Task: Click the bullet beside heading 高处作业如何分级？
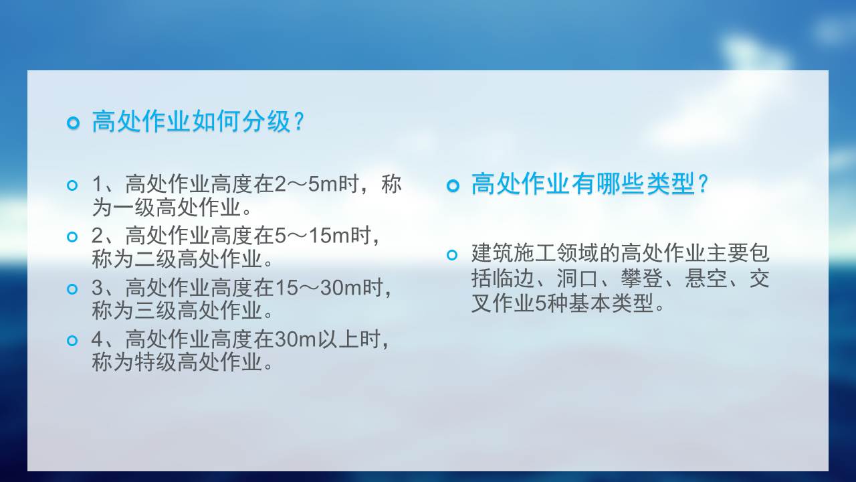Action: (x=73, y=123)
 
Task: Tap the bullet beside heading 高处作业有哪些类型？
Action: (x=453, y=186)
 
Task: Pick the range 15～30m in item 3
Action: (x=318, y=288)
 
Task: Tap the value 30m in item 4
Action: (x=296, y=339)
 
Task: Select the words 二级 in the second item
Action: (x=156, y=259)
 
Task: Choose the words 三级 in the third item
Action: (x=156, y=311)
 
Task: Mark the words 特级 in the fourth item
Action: (x=156, y=362)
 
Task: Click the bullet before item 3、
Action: (x=72, y=289)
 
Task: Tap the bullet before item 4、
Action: (x=72, y=341)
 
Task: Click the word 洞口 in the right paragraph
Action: (x=577, y=278)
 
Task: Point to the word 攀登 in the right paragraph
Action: (x=641, y=278)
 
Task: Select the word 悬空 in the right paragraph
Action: (x=706, y=278)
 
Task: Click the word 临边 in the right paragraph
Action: (x=513, y=278)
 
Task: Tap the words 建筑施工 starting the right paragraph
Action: (x=514, y=253)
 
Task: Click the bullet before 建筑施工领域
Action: (x=452, y=255)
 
